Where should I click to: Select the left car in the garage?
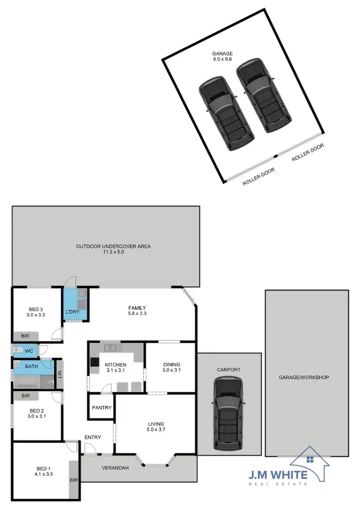point(226,110)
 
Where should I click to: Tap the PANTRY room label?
point(101,408)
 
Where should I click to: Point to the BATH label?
point(24,366)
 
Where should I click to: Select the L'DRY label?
point(72,312)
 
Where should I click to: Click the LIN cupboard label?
point(60,373)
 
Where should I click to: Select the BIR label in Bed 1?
point(74,480)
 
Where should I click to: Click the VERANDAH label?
point(115,468)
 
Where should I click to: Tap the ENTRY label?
point(93,437)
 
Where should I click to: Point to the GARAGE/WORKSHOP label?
point(304,377)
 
